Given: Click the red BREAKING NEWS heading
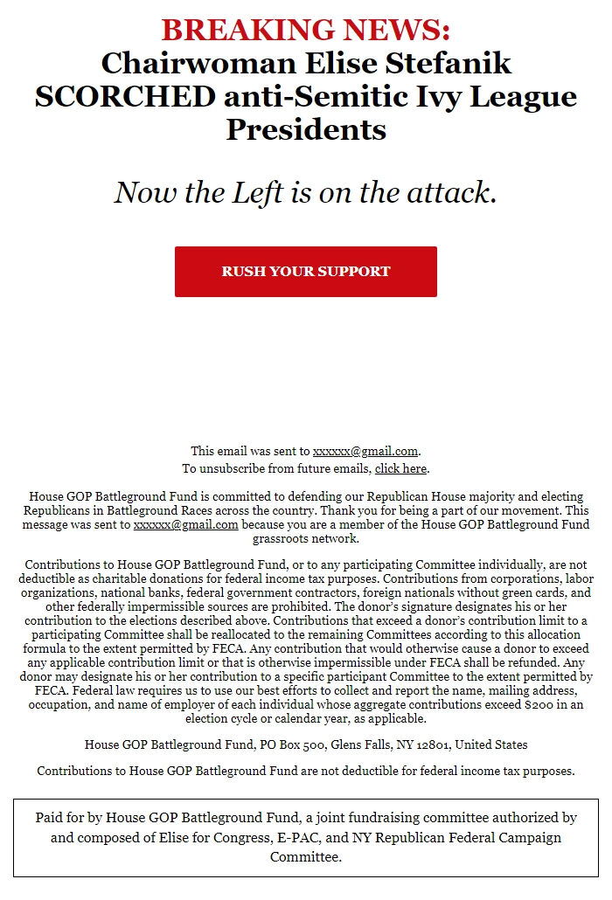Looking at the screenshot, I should [x=306, y=31].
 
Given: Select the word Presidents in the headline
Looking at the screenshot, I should [x=306, y=130].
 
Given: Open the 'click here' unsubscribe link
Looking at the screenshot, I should [x=400, y=468].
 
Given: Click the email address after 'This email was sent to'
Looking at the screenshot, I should [x=365, y=451].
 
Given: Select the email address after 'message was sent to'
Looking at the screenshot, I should [x=185, y=524].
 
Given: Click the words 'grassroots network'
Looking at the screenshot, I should [x=306, y=537].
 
